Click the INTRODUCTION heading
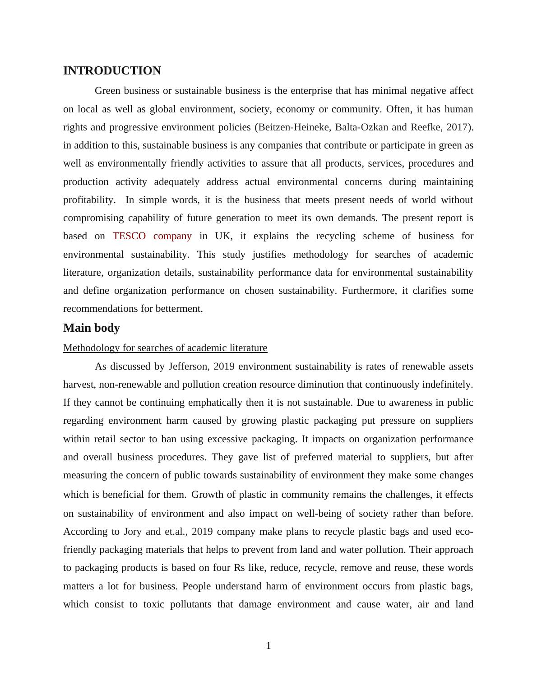[112, 71]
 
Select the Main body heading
[91, 328]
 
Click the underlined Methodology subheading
[165, 348]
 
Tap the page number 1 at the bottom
[268, 646]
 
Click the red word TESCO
[129, 236]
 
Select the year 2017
[457, 127]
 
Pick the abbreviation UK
[223, 236]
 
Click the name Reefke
[426, 127]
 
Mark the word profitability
[89, 200]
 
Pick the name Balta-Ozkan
[361, 127]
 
